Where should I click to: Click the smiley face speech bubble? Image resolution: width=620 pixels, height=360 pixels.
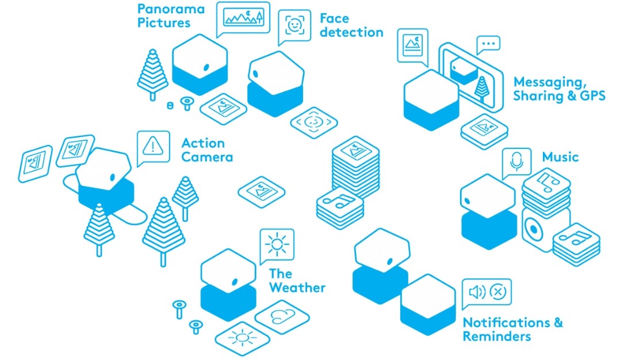294,25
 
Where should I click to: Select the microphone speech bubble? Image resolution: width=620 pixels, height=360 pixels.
516,162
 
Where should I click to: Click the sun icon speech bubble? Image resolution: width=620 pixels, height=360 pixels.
277,244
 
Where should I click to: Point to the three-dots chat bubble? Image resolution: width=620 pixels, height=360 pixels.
488,43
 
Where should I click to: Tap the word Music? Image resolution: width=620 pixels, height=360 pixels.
560,156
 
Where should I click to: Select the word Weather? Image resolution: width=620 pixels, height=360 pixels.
297,288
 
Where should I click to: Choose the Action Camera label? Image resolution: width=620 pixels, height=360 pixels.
207,150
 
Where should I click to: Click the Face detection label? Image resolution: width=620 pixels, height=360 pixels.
351,25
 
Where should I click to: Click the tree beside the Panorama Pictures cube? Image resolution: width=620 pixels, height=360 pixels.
152,73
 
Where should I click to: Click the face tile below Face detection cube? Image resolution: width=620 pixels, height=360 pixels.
313,121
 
